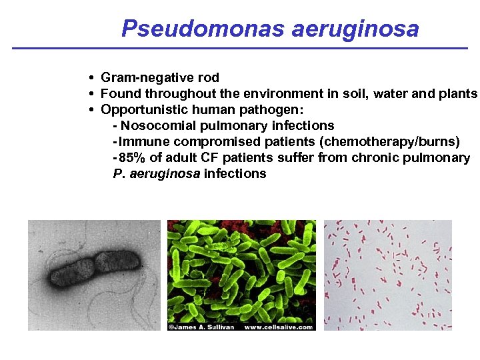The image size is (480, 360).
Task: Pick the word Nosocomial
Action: [x=160, y=126]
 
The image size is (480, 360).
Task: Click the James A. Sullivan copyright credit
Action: [x=201, y=327]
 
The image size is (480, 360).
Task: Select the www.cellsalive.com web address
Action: [x=279, y=327]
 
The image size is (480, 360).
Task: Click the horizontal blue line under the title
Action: [x=240, y=49]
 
